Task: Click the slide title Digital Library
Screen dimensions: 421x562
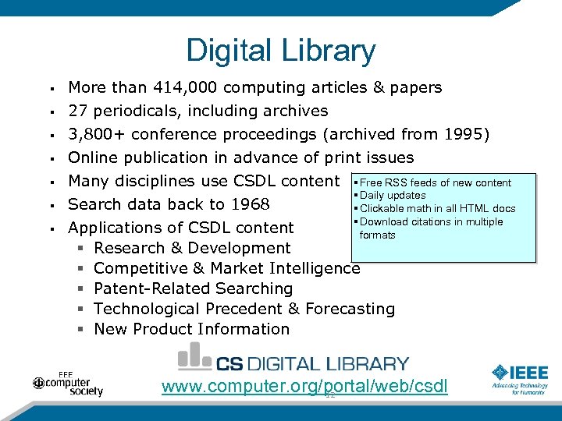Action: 281,51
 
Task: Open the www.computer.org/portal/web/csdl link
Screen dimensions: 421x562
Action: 304,387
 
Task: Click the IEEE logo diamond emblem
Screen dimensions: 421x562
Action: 500,373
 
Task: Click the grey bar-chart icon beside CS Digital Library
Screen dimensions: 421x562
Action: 194,357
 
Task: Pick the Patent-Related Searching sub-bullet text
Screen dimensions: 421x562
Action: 193,288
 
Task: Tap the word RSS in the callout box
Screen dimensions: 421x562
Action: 395,183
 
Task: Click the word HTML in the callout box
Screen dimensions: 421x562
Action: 475,209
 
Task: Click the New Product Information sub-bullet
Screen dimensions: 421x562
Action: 191,329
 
